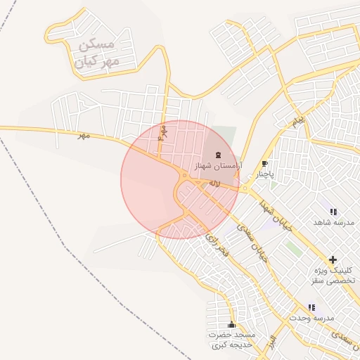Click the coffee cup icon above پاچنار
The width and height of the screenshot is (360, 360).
[264, 163]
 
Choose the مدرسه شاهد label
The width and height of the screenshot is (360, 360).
[333, 222]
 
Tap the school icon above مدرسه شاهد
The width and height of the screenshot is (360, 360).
[333, 212]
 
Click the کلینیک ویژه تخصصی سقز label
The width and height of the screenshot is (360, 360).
[334, 275]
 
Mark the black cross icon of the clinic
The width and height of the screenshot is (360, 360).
[333, 259]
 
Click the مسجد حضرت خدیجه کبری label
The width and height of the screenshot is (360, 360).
[231, 340]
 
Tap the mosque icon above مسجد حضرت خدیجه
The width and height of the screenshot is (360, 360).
[232, 325]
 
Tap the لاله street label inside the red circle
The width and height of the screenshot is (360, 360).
[215, 182]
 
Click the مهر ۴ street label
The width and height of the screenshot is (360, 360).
[163, 131]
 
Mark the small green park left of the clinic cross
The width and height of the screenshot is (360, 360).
[293, 248]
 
